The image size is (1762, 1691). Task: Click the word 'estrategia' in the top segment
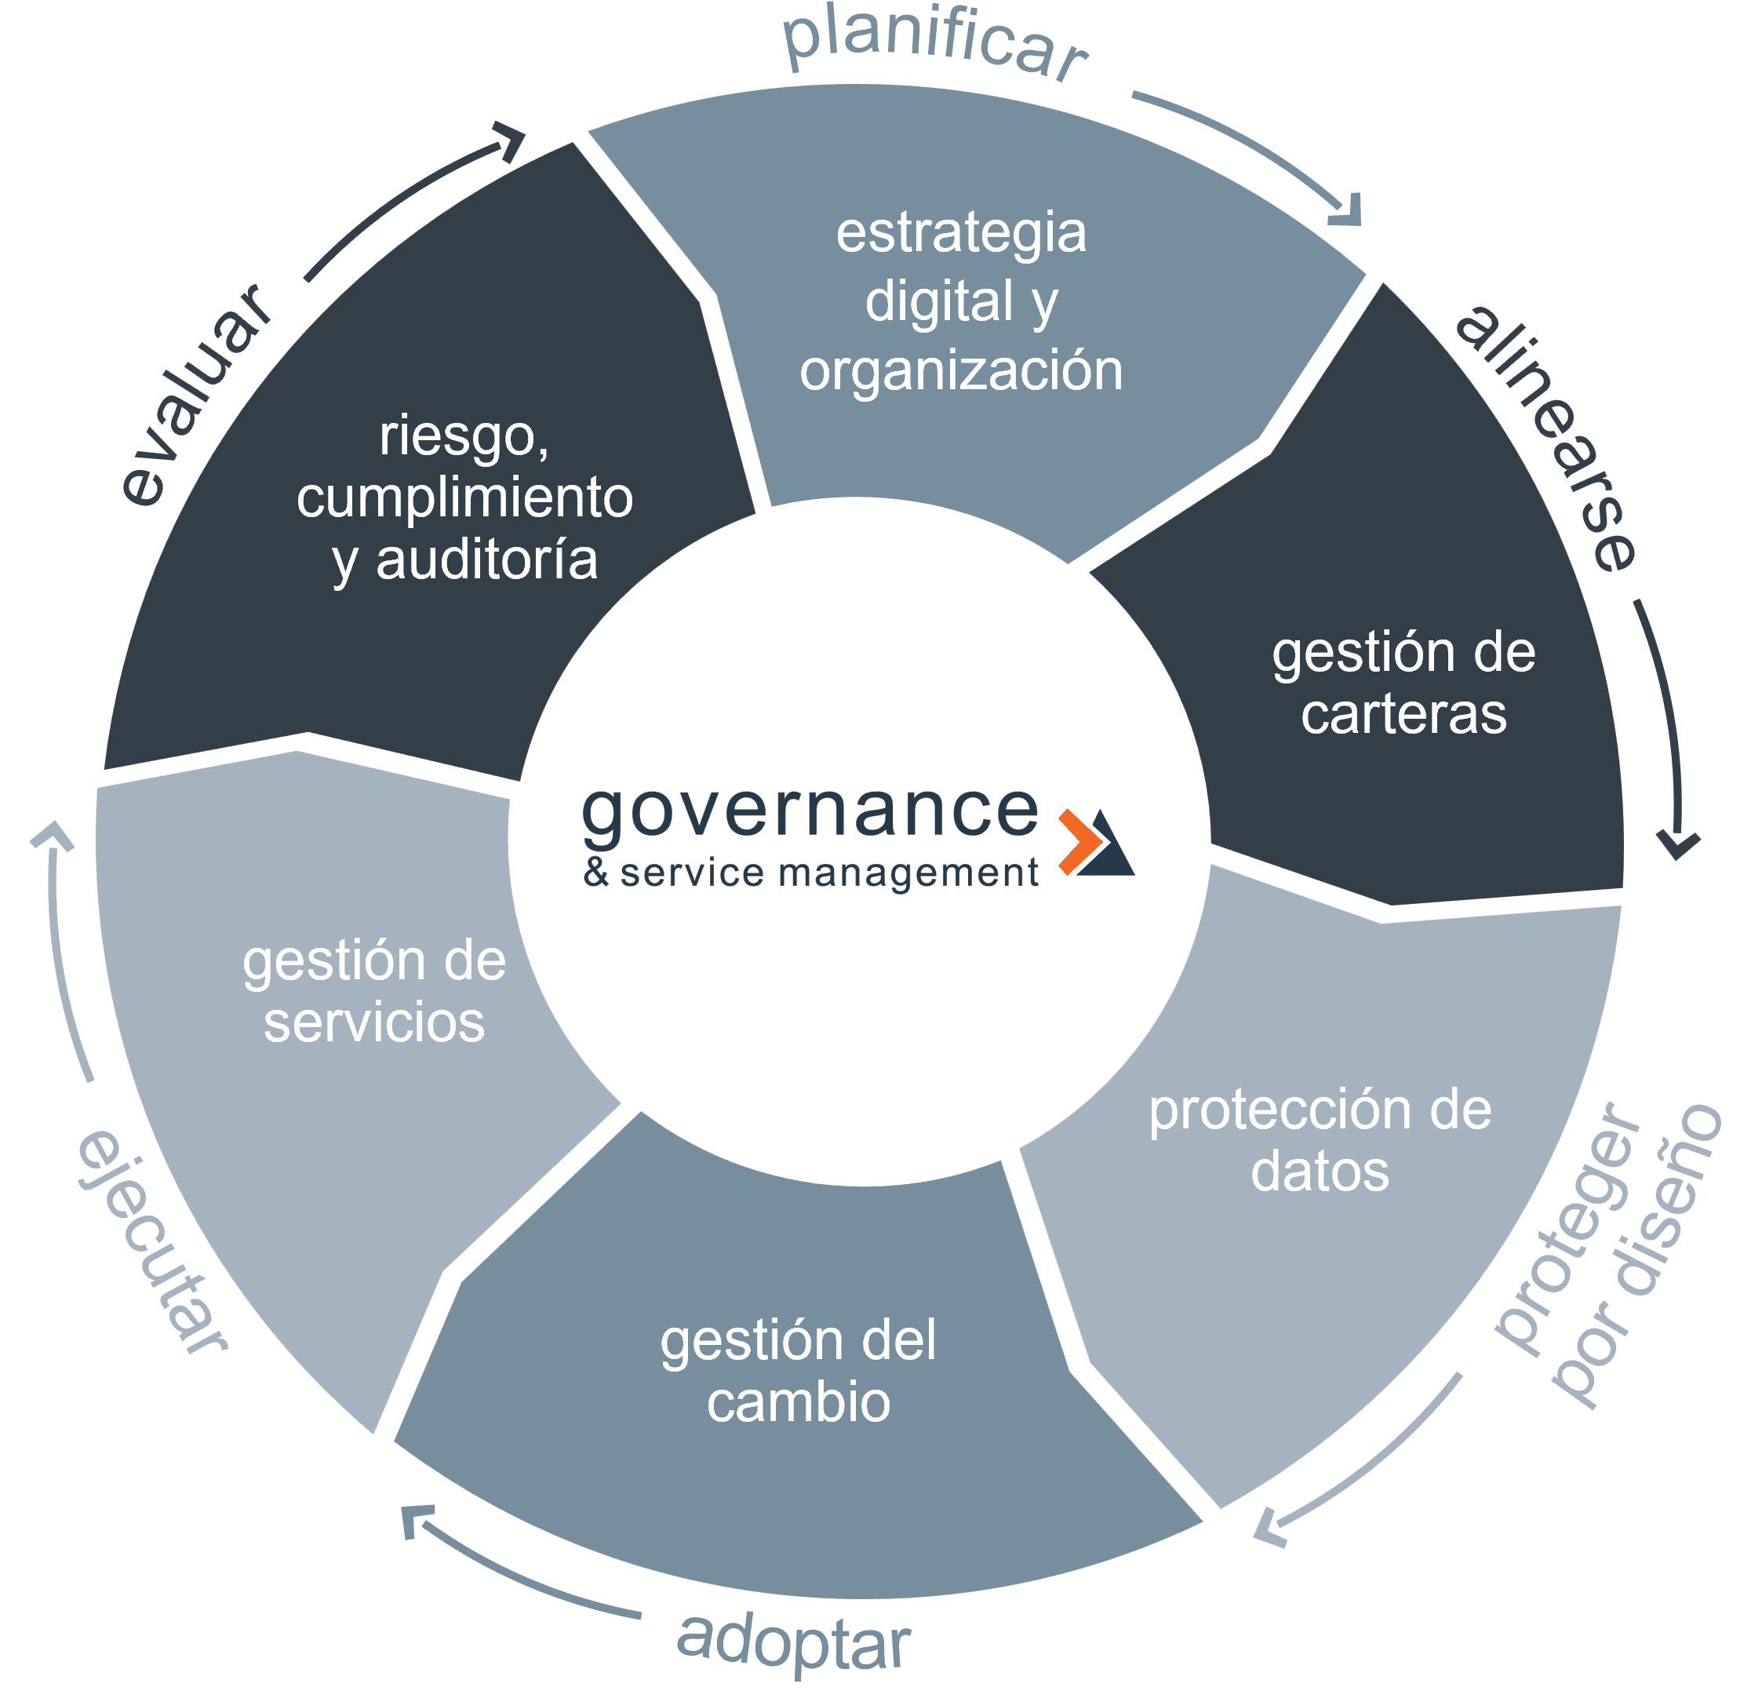(x=961, y=233)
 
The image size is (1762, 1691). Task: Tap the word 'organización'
(x=961, y=370)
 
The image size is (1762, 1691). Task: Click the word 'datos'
(x=1320, y=1172)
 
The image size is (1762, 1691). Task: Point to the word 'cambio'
(x=799, y=1402)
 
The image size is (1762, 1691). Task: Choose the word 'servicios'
(x=374, y=1023)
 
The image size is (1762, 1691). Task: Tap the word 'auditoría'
(x=486, y=560)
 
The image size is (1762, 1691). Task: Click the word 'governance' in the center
(x=810, y=814)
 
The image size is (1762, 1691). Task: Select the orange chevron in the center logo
(x=1082, y=841)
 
